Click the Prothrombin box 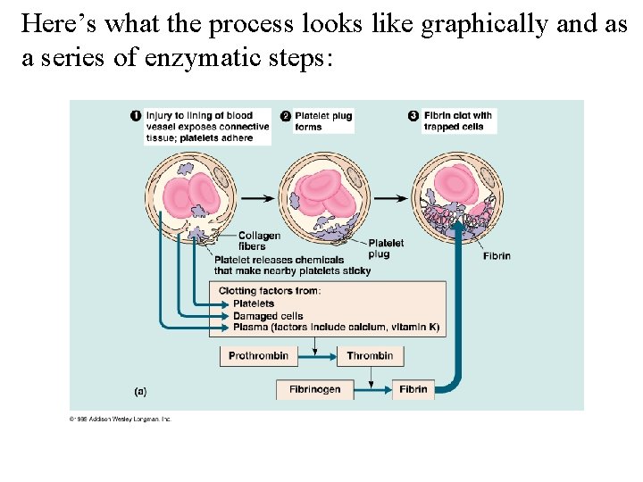pyautogui.click(x=258, y=356)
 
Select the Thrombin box pyautogui.click(x=370, y=356)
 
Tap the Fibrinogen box pyautogui.click(x=315, y=389)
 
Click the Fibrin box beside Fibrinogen pyautogui.click(x=413, y=389)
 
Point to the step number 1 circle pyautogui.click(x=136, y=115)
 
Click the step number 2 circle pyautogui.click(x=286, y=115)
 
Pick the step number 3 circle pyautogui.click(x=413, y=115)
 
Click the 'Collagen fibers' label pyautogui.click(x=259, y=241)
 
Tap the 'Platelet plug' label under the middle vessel pyautogui.click(x=385, y=248)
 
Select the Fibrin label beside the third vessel pyautogui.click(x=497, y=256)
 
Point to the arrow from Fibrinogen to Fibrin pyautogui.click(x=374, y=389)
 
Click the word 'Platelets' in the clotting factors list pyautogui.click(x=254, y=303)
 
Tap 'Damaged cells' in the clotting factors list pyautogui.click(x=268, y=316)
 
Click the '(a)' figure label pyautogui.click(x=140, y=390)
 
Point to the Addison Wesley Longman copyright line pyautogui.click(x=120, y=418)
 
